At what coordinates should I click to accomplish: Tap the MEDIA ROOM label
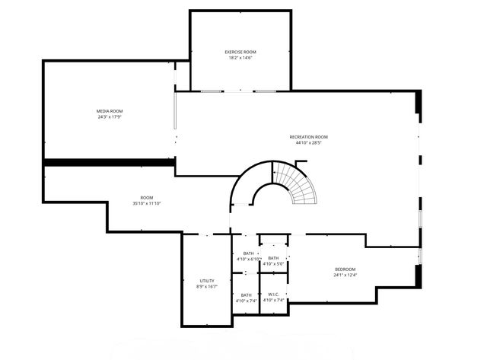click(110, 111)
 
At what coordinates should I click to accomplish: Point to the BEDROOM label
click(345, 269)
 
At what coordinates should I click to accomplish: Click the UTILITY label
click(207, 281)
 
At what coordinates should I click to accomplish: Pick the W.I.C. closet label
click(273, 295)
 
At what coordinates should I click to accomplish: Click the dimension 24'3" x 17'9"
click(110, 117)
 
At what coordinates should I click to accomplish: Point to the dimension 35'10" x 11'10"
click(147, 203)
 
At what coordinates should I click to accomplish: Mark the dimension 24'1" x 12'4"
click(345, 275)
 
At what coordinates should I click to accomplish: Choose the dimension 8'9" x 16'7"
click(207, 287)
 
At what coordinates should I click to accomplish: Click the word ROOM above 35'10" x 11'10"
click(147, 198)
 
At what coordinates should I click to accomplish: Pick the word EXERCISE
click(232, 52)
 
